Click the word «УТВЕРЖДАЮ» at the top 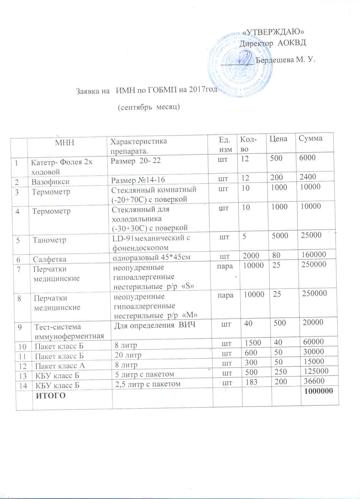[x=273, y=32]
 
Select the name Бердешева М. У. [x=285, y=60]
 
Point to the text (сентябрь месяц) [x=149, y=107]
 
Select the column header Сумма [x=310, y=138]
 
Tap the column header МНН [x=65, y=142]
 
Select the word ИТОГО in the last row [x=50, y=396]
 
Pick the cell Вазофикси [x=50, y=182]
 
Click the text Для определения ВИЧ [x=155, y=325]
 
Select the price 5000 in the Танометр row [x=280, y=236]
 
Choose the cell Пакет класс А [x=60, y=366]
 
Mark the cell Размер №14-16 [x=138, y=180]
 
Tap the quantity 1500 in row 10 [x=253, y=343]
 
